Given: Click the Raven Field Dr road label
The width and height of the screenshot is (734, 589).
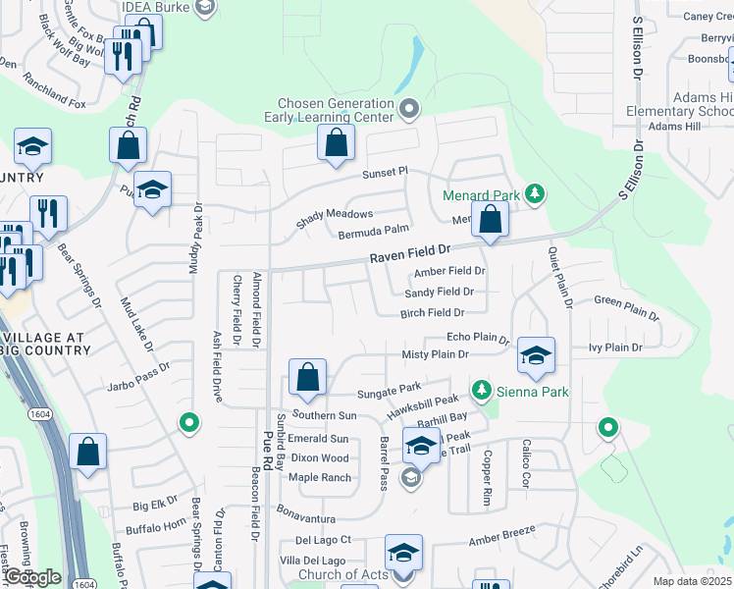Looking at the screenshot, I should (x=409, y=256).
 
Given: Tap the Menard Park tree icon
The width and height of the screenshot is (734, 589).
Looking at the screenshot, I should (x=535, y=193).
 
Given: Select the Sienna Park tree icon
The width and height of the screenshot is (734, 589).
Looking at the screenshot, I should (x=481, y=391).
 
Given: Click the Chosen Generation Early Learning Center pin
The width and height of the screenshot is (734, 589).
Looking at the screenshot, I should (x=410, y=109).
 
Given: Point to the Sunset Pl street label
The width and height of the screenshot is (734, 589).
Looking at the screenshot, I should (x=384, y=173).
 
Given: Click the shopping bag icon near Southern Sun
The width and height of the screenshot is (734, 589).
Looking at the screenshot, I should (x=307, y=377).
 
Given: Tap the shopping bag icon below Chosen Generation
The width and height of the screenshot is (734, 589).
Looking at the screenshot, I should (x=336, y=142).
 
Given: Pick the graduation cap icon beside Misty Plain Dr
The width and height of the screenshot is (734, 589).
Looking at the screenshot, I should (x=536, y=355).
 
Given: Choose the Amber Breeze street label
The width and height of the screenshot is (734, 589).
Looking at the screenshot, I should (x=502, y=535).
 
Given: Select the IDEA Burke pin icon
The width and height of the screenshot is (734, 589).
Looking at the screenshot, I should (x=203, y=8).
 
